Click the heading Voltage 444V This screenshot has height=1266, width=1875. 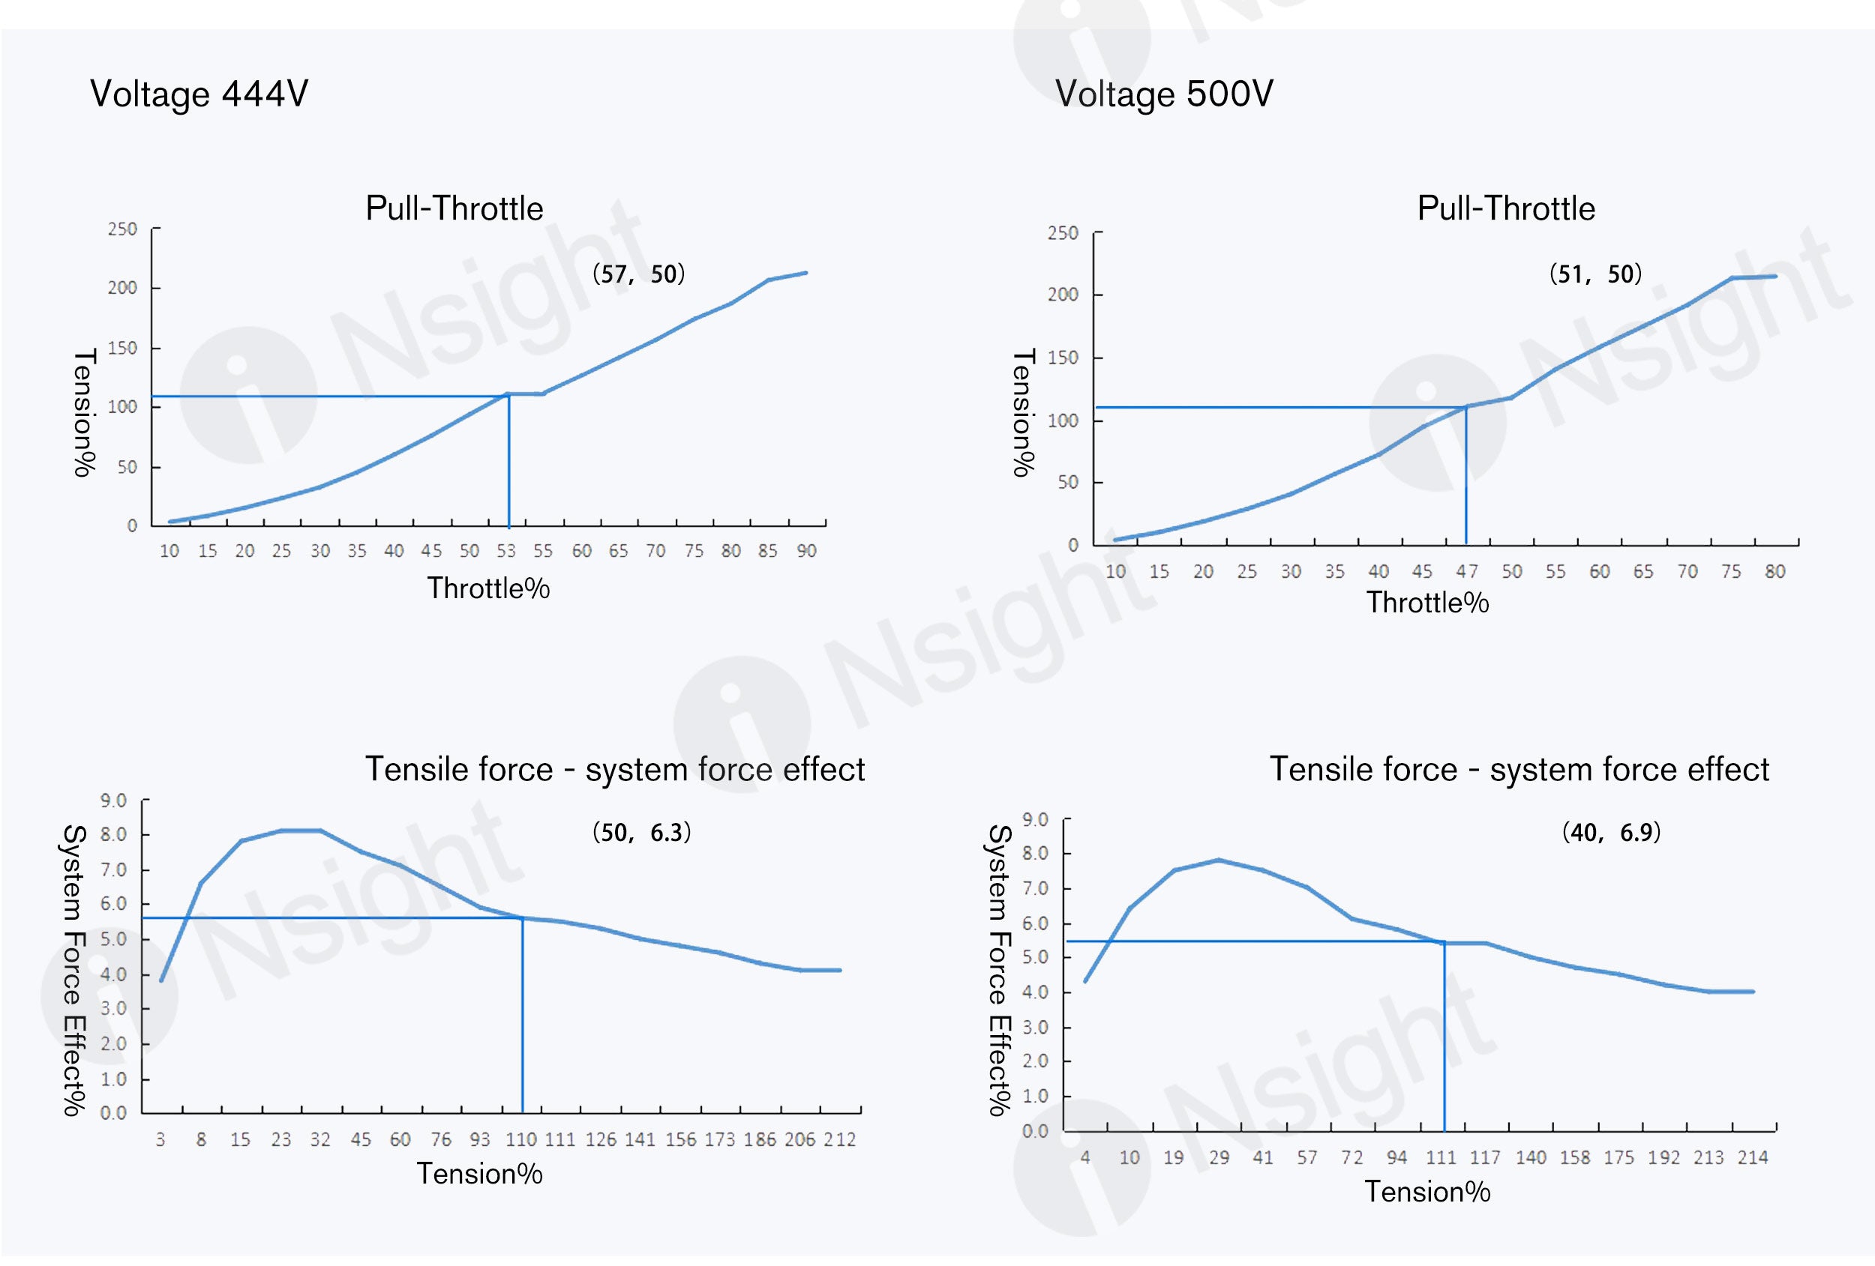[x=199, y=94]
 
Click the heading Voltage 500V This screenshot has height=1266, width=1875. [x=1164, y=94]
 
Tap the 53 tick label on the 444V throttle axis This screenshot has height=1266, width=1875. [x=505, y=551]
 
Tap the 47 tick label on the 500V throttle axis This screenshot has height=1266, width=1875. [x=1467, y=572]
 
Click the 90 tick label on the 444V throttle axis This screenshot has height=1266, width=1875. [x=807, y=551]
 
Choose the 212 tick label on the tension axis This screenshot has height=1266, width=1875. [x=840, y=1139]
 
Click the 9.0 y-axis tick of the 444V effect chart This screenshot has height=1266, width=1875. [x=114, y=801]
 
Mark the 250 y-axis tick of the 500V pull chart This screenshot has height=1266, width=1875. [x=1063, y=233]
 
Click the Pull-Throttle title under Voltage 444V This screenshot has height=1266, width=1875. [x=454, y=209]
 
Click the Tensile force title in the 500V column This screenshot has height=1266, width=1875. [x=1519, y=769]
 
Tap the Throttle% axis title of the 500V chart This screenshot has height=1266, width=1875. [x=1427, y=603]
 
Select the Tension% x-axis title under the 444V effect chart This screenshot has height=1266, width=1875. [x=479, y=1174]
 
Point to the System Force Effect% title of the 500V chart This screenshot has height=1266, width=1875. [x=1000, y=970]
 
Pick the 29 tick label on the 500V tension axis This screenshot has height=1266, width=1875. [x=1219, y=1158]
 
